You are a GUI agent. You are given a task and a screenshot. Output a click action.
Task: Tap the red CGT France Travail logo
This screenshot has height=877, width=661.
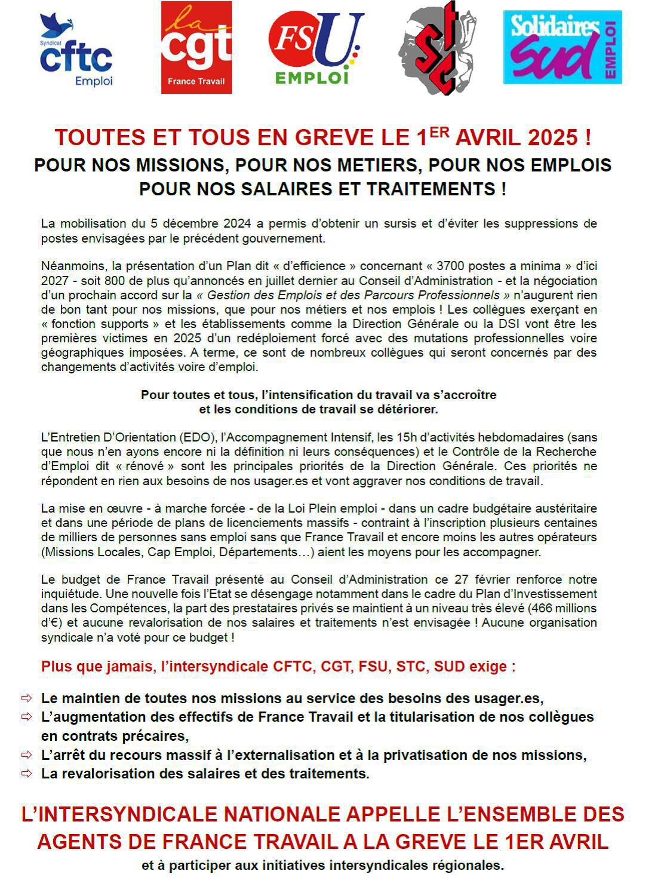(196, 48)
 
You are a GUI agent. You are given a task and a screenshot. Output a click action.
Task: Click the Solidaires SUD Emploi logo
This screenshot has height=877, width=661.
(562, 47)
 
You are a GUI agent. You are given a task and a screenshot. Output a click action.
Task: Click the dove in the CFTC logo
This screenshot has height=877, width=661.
(56, 25)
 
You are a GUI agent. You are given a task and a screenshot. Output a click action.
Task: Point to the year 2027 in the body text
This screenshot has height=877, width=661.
(54, 281)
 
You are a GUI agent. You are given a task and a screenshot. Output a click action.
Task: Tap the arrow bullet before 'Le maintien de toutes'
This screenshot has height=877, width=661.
(26, 698)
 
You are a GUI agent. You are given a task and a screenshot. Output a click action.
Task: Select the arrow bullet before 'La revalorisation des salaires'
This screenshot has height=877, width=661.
(26, 774)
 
